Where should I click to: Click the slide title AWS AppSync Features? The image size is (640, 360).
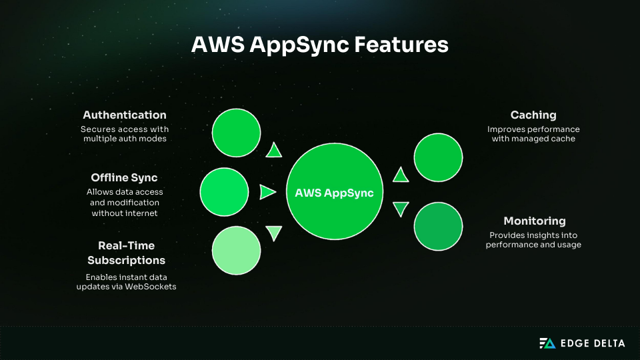click(x=320, y=45)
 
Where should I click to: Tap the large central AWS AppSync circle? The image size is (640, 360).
click(x=335, y=192)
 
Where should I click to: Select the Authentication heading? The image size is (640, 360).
click(x=125, y=115)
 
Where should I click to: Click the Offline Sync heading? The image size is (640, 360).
click(x=125, y=177)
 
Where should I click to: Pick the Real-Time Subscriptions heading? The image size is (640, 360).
click(x=126, y=253)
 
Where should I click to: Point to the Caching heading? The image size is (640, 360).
click(x=533, y=115)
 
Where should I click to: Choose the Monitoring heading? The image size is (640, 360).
click(x=534, y=221)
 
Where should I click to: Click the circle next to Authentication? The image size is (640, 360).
click(x=237, y=132)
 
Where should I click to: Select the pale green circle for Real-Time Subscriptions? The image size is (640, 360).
click(x=237, y=251)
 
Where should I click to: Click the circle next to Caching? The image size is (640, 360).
click(x=438, y=158)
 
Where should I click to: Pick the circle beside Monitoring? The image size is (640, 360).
click(x=438, y=226)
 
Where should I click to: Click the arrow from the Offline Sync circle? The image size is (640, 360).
click(x=267, y=192)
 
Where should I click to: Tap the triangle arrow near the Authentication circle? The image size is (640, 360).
click(x=273, y=151)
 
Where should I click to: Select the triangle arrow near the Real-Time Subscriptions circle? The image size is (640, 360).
click(x=273, y=233)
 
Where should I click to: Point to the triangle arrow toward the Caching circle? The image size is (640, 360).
click(x=400, y=175)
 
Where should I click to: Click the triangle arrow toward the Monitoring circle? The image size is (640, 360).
click(x=400, y=209)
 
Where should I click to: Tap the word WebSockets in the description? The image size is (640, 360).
click(x=157, y=286)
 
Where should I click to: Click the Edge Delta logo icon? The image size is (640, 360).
click(x=547, y=343)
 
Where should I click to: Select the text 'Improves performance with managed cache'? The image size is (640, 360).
click(x=533, y=134)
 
